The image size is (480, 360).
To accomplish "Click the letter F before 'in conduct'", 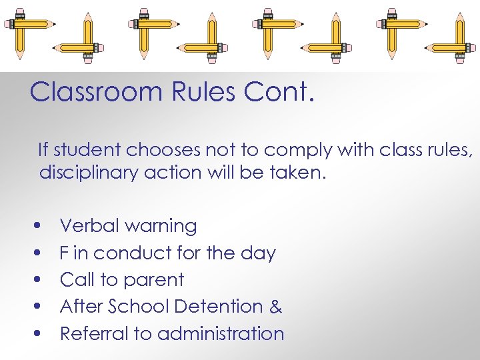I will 64,253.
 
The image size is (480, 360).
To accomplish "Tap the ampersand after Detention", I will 275,307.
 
